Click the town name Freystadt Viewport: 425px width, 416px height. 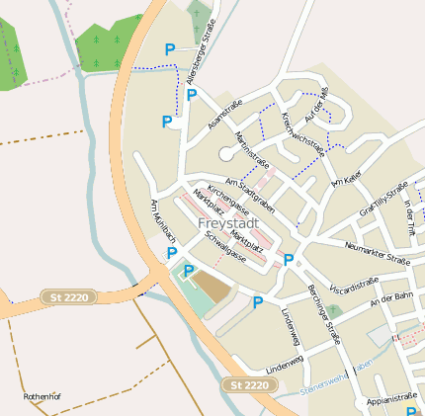(x=228, y=224)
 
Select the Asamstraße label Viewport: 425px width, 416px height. (x=224, y=118)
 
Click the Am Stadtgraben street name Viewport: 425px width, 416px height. (x=249, y=193)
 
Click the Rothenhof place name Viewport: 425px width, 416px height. (x=42, y=397)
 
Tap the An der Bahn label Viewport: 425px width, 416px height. (x=390, y=299)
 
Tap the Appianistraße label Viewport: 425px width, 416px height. (x=391, y=400)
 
